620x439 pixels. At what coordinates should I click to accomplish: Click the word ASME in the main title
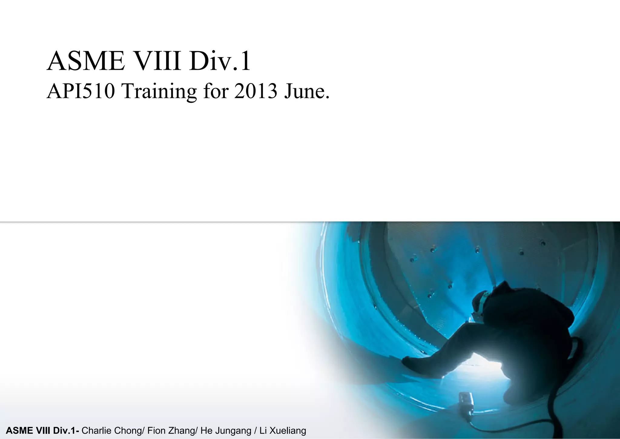[x=86, y=61]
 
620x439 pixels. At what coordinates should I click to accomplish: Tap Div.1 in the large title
[x=220, y=61]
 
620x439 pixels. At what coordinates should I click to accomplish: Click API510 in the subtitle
[x=81, y=91]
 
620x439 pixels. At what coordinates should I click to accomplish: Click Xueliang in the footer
[x=288, y=431]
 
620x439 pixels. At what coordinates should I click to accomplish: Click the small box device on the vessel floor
[x=466, y=401]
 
